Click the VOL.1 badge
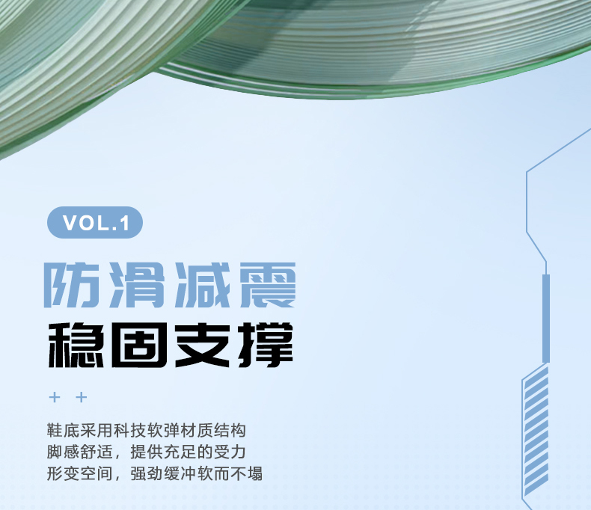[x=94, y=222]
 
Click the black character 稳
[x=76, y=345]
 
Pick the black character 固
[x=138, y=345]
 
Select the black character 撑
[x=266, y=345]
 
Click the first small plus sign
[x=55, y=397]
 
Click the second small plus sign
[x=82, y=397]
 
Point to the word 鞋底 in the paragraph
[x=64, y=431]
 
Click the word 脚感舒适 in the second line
[x=80, y=452]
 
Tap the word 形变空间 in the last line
[x=80, y=473]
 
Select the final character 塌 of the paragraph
[x=254, y=473]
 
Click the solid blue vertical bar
[x=546, y=319]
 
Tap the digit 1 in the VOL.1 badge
[x=125, y=224]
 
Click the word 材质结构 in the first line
[x=213, y=431]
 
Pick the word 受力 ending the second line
[x=230, y=452]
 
